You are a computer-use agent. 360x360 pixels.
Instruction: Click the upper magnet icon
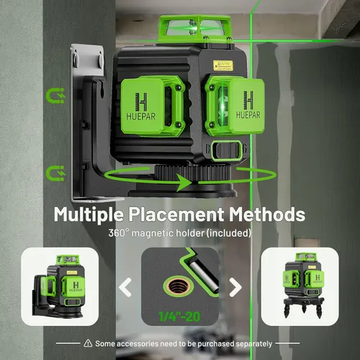(x=55, y=96)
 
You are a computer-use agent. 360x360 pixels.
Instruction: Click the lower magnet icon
(x=55, y=173)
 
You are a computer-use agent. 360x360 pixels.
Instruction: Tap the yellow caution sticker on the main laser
(x=223, y=66)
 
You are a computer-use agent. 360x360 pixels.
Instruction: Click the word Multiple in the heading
(x=89, y=215)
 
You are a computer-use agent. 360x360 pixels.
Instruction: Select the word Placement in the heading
(x=176, y=215)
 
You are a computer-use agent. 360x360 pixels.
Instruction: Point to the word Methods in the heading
(x=267, y=214)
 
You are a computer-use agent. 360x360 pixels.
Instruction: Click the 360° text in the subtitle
(x=119, y=233)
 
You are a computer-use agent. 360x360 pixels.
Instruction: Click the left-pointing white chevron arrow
(x=125, y=287)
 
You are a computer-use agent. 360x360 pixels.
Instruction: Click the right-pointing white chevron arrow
(x=235, y=287)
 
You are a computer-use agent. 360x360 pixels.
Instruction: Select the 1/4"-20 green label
(x=179, y=317)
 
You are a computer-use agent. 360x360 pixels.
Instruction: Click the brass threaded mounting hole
(x=177, y=287)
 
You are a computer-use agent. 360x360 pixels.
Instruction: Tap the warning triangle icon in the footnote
(x=88, y=343)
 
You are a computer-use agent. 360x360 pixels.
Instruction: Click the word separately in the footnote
(x=254, y=344)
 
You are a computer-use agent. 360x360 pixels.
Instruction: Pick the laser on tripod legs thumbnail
(x=300, y=287)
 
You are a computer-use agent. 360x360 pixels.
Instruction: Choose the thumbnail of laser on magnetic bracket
(x=60, y=287)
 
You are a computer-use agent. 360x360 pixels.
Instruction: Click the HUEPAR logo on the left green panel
(x=141, y=107)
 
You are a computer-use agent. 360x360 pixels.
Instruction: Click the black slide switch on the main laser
(x=226, y=150)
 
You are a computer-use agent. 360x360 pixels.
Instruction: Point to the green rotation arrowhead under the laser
(x=184, y=183)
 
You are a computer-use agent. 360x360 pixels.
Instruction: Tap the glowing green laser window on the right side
(x=222, y=107)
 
